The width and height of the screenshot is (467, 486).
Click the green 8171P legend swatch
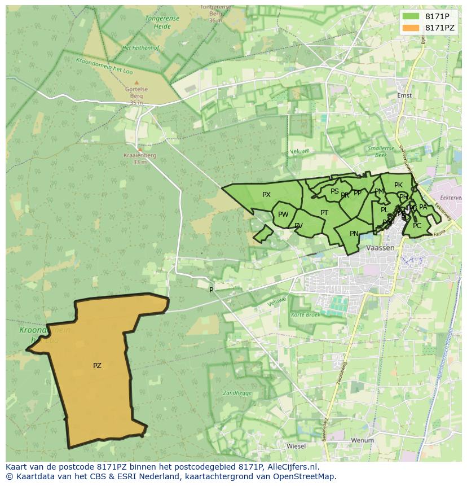point(411,16)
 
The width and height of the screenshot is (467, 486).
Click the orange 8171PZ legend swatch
point(411,28)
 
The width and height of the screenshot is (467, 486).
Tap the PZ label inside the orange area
point(97,366)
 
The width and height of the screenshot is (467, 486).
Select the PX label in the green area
point(267,195)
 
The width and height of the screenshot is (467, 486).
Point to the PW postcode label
point(283,214)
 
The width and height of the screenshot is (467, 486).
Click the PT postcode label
point(324,213)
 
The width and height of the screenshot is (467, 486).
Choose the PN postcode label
point(354,234)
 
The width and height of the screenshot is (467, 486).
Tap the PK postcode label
point(398,185)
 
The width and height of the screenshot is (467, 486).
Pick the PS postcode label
point(334,191)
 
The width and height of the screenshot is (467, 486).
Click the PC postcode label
point(417,226)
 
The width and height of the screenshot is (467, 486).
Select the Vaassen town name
point(380,248)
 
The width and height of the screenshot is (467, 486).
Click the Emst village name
point(404,95)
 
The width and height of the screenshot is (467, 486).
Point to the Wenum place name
point(362,440)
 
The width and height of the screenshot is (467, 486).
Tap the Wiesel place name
point(296,446)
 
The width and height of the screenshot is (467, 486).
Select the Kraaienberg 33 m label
point(140,159)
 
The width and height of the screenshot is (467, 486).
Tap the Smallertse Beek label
point(377,151)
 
